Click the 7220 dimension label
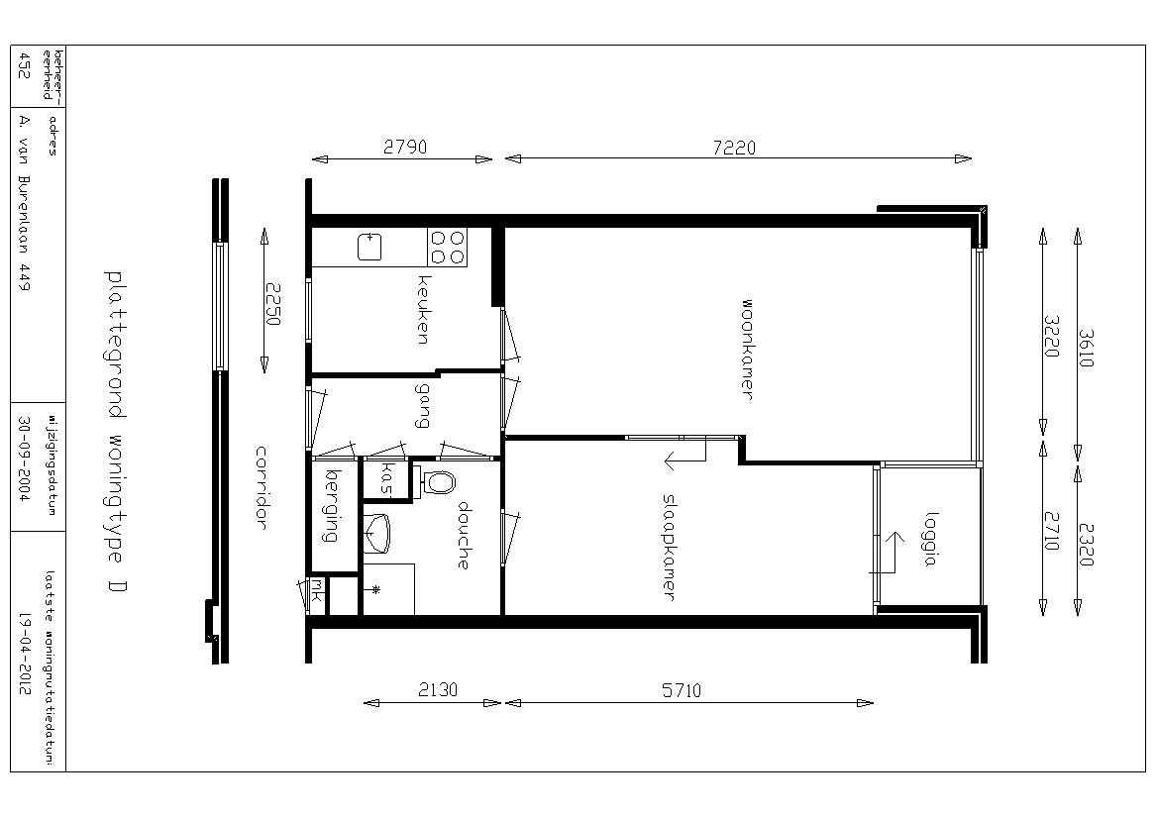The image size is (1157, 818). (734, 148)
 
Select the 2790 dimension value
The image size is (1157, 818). (405, 147)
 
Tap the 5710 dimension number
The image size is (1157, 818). (682, 690)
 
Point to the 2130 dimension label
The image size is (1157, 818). (438, 689)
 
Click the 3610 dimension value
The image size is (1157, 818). (1086, 348)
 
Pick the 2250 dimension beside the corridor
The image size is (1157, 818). (273, 304)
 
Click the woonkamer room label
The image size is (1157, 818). (747, 349)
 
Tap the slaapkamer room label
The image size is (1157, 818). (670, 547)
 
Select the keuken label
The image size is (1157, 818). (423, 310)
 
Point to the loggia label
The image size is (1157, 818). (930, 539)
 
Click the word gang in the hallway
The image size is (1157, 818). (422, 405)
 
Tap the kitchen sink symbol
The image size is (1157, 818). (369, 248)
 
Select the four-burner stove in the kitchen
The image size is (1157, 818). (448, 248)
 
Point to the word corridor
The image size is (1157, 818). (261, 487)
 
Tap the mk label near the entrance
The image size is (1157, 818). (317, 589)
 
